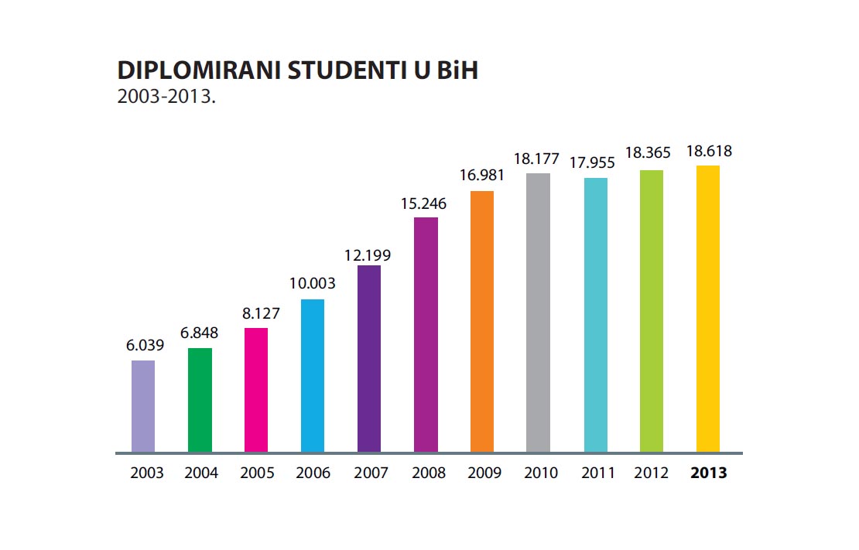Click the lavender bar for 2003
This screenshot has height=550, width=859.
click(x=143, y=406)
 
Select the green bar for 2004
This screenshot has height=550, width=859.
click(x=200, y=400)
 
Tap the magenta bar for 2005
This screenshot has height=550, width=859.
click(x=256, y=390)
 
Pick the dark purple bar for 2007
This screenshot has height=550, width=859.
click(x=369, y=359)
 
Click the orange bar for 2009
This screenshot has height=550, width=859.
click(x=482, y=321)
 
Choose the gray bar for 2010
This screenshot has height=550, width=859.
click(x=539, y=313)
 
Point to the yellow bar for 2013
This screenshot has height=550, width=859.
click(x=708, y=309)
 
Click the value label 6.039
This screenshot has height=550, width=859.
click(x=145, y=346)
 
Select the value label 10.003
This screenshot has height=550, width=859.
click(x=313, y=284)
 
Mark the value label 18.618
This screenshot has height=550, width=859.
click(x=709, y=151)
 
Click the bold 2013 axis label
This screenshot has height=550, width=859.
click(x=709, y=473)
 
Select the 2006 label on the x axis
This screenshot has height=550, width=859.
click(x=313, y=473)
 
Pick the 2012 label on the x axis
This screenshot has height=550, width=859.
click(x=652, y=473)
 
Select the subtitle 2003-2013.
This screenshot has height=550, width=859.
click(x=165, y=97)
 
